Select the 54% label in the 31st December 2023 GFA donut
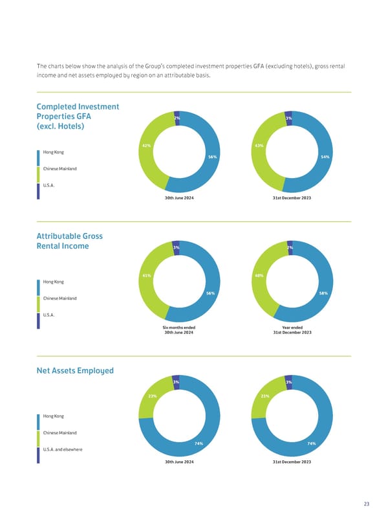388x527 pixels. click(x=325, y=157)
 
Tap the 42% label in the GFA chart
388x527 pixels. click(x=146, y=145)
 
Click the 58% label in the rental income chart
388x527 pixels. click(x=324, y=293)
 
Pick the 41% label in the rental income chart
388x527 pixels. click(x=146, y=276)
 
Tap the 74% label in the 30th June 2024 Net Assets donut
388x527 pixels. click(x=199, y=443)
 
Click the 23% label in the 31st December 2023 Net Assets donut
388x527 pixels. click(x=264, y=396)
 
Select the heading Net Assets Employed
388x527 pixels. click(x=75, y=371)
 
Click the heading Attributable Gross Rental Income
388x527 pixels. click(x=70, y=241)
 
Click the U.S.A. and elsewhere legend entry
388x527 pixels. click(x=63, y=449)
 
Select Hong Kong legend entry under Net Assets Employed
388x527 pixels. click(x=54, y=416)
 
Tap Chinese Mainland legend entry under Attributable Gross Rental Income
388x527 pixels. click(x=59, y=298)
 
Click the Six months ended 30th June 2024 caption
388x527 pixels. click(x=179, y=330)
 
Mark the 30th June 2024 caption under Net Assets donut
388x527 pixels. click(x=179, y=462)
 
